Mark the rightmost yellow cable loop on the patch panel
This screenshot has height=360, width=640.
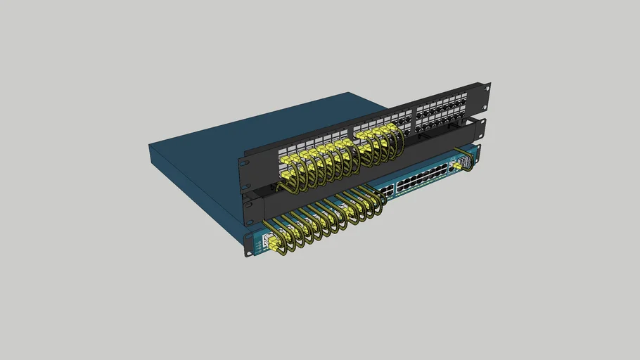(399, 143)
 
